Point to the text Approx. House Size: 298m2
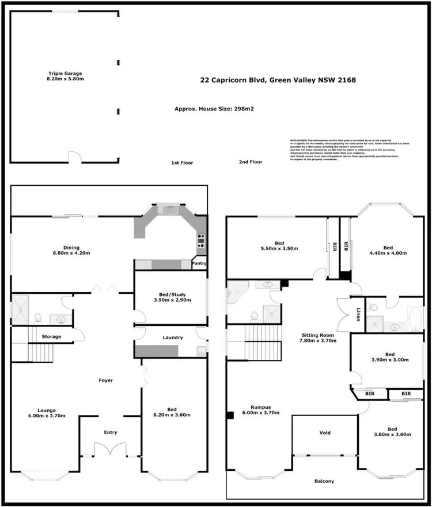(x=214, y=109)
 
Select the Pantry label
(x=199, y=264)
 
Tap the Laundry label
(x=172, y=337)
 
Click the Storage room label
(x=51, y=336)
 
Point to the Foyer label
(x=105, y=381)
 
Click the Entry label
(x=109, y=432)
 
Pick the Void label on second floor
(x=325, y=433)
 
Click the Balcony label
(x=324, y=481)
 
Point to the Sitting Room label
(x=317, y=337)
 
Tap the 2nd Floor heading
(x=251, y=162)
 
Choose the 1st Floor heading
(x=182, y=163)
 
